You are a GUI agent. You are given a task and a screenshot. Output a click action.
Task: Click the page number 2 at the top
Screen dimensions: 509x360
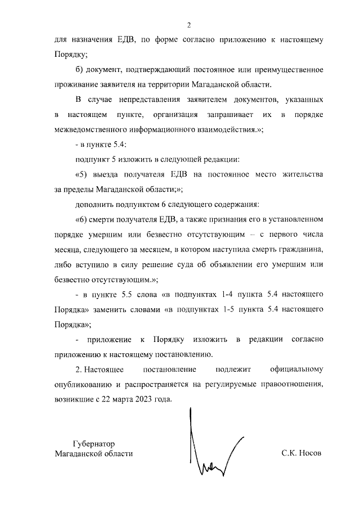click(190, 25)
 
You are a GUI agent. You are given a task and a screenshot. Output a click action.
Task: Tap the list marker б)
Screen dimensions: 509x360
click(79, 70)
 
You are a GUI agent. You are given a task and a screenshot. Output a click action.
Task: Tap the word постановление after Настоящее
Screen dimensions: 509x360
click(170, 370)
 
